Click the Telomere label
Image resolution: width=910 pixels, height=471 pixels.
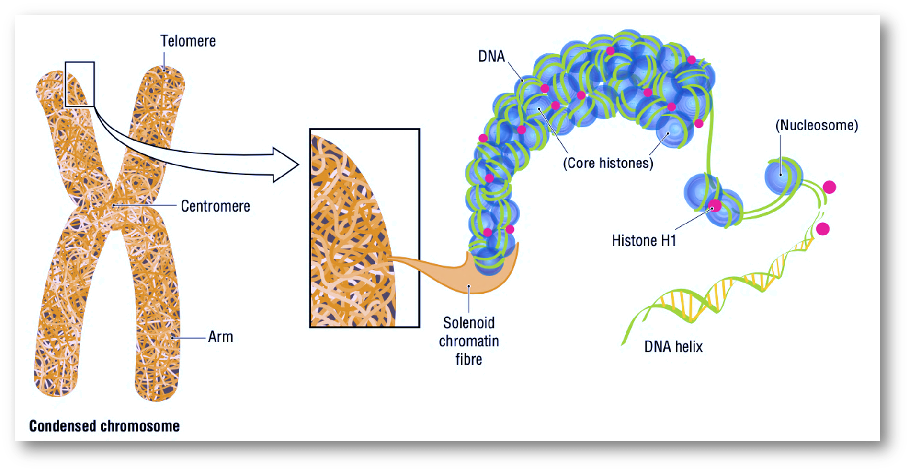188,41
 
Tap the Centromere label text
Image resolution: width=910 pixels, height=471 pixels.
215,206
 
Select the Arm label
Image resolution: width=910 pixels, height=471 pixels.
220,337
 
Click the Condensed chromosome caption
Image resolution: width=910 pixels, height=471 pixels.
104,426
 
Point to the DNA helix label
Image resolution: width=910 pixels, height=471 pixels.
673,347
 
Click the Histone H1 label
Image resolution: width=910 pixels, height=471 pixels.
644,240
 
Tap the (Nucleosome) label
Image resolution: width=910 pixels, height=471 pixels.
817,125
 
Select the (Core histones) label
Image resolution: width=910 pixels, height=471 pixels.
608,163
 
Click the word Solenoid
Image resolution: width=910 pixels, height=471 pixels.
468,323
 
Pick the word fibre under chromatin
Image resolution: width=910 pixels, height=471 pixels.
468,359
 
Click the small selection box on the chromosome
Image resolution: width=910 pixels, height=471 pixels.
80,84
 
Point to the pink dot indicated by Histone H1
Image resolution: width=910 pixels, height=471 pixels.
715,206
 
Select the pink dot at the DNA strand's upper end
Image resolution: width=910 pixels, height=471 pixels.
829,187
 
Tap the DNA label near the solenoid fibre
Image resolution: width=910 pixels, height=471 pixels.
491,57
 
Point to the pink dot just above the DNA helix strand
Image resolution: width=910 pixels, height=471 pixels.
822,229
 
